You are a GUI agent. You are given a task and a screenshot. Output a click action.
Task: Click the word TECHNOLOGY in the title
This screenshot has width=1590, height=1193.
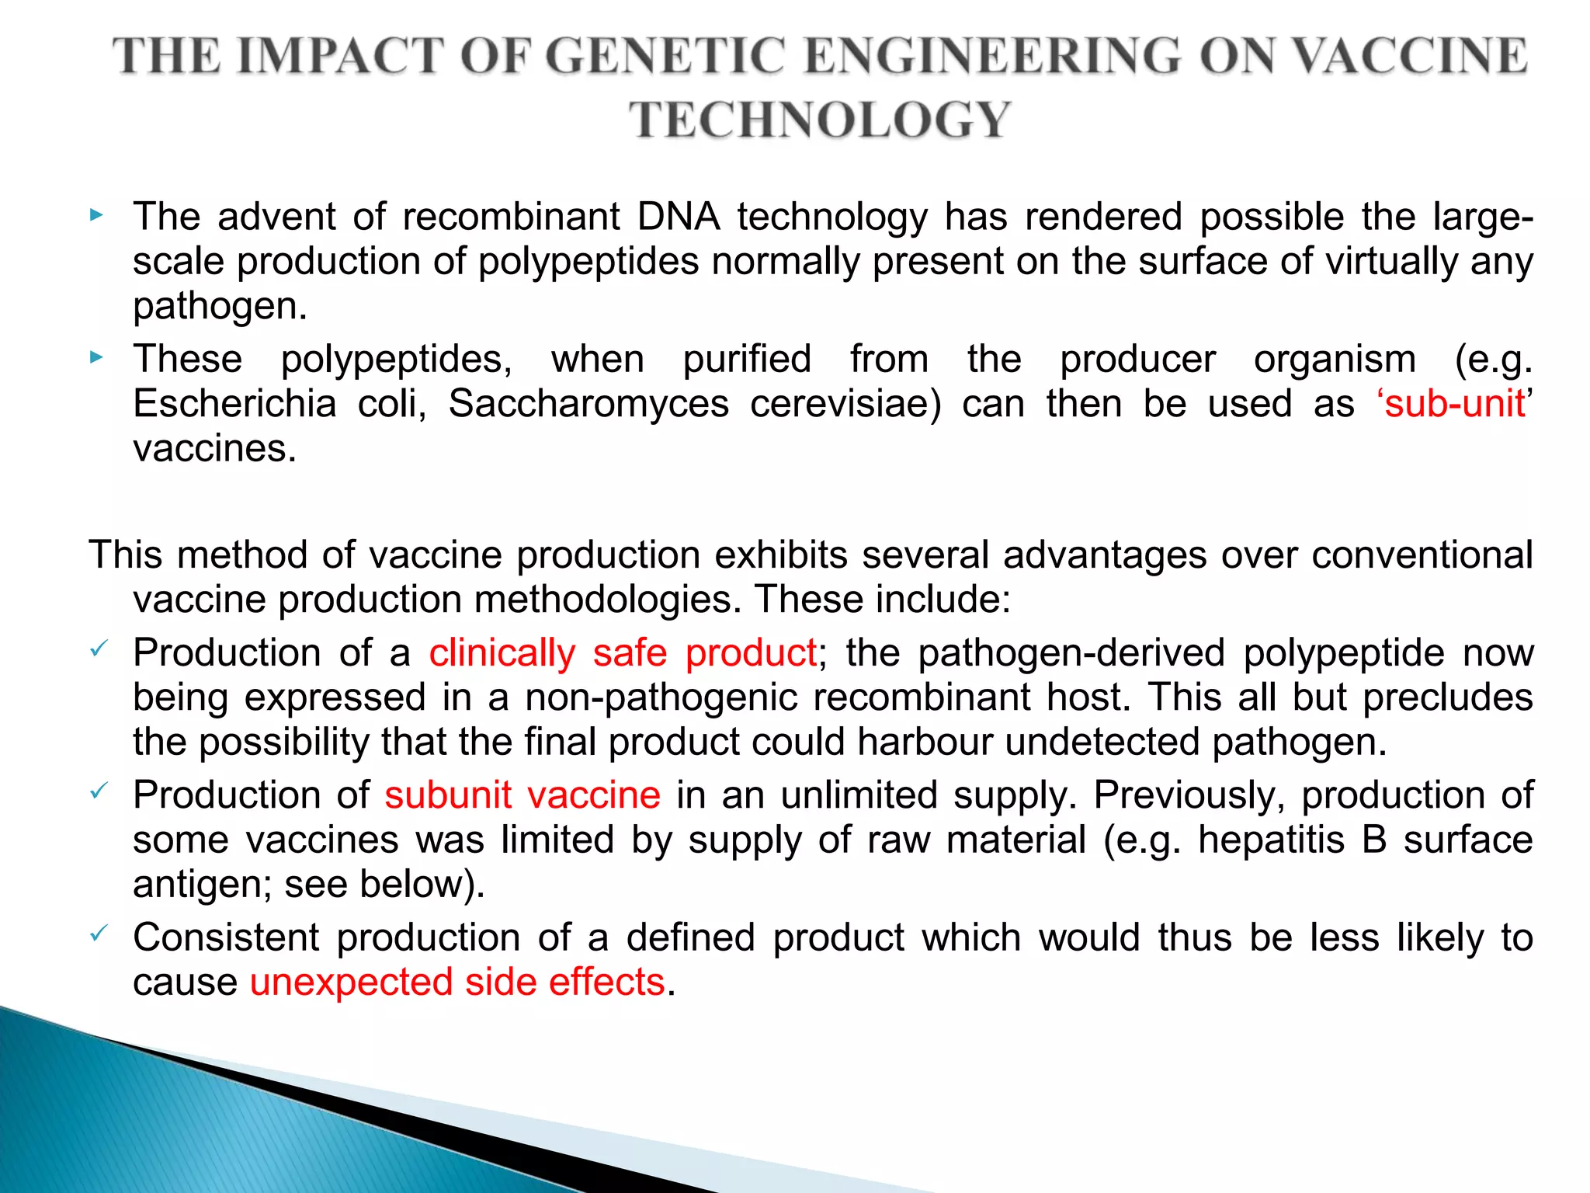click(x=819, y=120)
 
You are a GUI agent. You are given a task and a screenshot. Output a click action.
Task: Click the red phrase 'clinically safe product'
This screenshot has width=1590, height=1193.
click(x=623, y=653)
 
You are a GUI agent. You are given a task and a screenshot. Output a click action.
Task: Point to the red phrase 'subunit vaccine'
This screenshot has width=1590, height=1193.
click(x=522, y=795)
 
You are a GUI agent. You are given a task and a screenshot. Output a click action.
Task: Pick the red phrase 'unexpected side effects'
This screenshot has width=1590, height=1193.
click(x=457, y=983)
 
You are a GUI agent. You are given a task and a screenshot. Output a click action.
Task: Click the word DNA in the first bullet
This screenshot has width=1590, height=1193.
click(x=678, y=217)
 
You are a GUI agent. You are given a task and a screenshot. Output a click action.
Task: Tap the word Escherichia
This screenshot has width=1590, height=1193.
click(x=234, y=404)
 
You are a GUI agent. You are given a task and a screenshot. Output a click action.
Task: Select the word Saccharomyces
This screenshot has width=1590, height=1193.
click(x=588, y=404)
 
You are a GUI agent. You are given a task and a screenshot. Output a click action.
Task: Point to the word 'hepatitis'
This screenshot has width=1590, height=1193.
click(x=1271, y=840)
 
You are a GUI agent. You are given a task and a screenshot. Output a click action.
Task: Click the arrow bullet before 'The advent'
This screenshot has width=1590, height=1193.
click(x=95, y=215)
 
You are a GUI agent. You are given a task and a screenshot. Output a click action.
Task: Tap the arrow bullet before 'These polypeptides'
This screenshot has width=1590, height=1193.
click(x=95, y=358)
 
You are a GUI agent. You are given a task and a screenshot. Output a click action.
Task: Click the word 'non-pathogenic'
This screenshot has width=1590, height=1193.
click(x=661, y=697)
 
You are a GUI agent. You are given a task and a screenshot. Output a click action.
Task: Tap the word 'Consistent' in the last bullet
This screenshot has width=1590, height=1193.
click(x=226, y=937)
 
